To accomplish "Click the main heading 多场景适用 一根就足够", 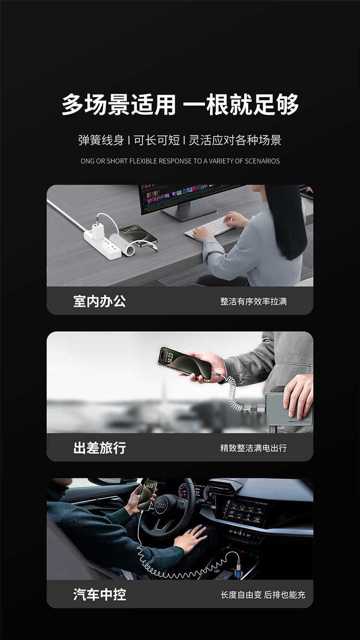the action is [x=180, y=104].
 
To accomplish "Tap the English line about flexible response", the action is [x=180, y=161].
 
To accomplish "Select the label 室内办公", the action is [x=99, y=301].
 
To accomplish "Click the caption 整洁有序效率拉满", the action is [x=253, y=302].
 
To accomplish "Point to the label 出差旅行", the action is [x=99, y=448].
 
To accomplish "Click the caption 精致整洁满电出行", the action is [x=253, y=448].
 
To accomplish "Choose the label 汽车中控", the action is [x=99, y=594].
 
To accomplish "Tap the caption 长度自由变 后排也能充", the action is [x=263, y=595].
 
